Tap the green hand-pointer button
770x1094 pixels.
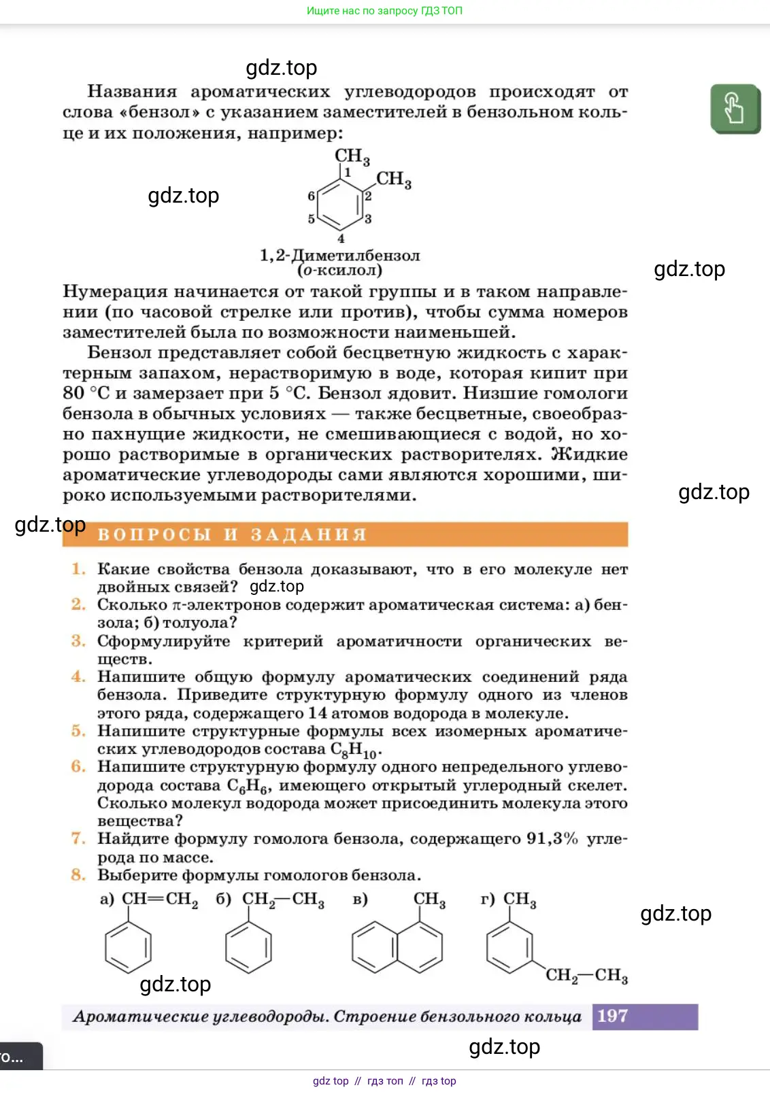(x=735, y=109)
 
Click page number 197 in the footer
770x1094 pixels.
(x=612, y=1016)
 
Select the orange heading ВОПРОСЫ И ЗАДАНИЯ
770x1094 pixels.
(x=232, y=534)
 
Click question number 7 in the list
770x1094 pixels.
(x=78, y=838)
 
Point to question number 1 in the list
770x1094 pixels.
(x=78, y=568)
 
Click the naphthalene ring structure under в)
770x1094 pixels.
(x=397, y=946)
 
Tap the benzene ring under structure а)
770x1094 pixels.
(x=128, y=947)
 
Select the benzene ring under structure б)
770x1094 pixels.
(x=248, y=947)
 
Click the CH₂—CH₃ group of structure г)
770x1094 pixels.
(x=586, y=976)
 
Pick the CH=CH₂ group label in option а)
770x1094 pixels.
(x=160, y=899)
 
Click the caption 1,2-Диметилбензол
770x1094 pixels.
(x=339, y=256)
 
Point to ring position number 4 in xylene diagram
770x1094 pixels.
(x=341, y=239)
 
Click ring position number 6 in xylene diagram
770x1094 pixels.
(x=311, y=196)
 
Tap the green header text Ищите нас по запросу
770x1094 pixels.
(x=384, y=11)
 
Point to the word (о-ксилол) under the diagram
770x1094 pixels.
(x=339, y=271)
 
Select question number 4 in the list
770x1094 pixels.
(x=78, y=677)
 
